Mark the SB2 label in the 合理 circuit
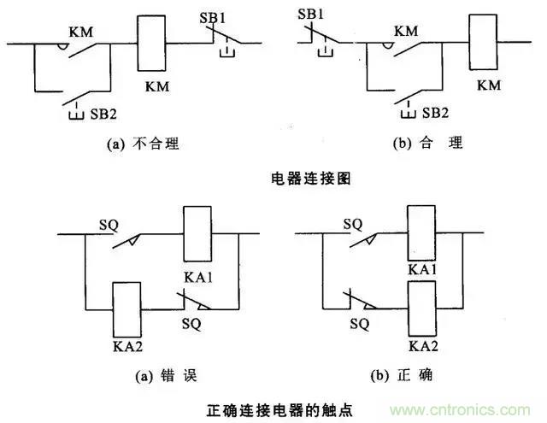tap(432, 114)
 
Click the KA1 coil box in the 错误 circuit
tap(198, 233)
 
